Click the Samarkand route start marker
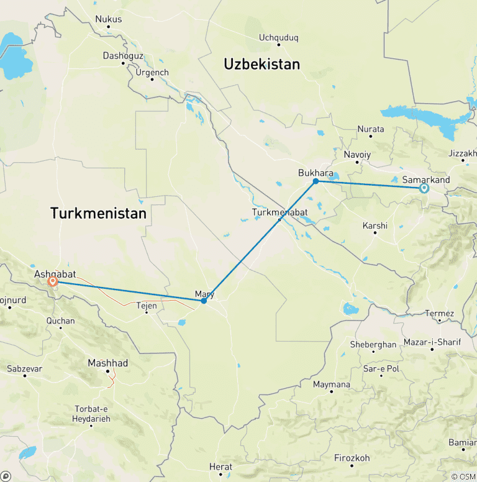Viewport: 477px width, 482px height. tap(424, 188)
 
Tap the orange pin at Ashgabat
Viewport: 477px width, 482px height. tap(53, 281)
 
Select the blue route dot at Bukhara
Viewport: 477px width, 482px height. tap(316, 181)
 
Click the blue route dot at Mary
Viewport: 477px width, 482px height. tap(204, 301)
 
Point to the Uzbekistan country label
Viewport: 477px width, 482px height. tap(261, 64)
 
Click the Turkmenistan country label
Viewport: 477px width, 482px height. tap(98, 214)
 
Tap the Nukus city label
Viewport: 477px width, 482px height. tap(109, 19)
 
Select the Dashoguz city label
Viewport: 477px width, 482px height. tap(123, 56)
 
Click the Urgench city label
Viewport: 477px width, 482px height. tap(152, 72)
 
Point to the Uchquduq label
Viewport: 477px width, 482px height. tap(279, 37)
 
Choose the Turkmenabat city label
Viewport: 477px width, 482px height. tap(279, 212)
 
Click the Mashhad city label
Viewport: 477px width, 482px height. tap(107, 363)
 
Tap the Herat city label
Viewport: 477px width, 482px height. tap(220, 466)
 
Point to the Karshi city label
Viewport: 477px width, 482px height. tap(375, 225)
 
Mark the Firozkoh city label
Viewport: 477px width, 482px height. tap(352, 458)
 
